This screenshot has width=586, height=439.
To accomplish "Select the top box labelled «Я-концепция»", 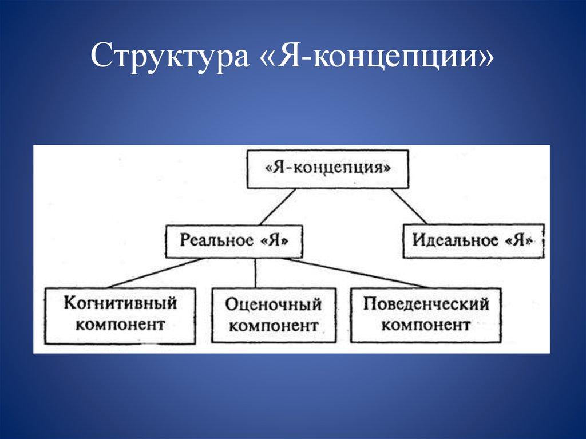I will (328, 169).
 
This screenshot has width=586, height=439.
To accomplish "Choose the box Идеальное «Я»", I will (473, 240).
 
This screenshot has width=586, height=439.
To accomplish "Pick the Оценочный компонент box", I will (273, 315).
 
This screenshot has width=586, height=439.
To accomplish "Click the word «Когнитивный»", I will (120, 303).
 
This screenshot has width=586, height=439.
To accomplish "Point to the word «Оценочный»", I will (273, 304).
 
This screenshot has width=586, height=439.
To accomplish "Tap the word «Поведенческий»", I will (426, 303).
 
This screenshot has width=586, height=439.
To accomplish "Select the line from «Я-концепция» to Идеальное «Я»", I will (409, 207).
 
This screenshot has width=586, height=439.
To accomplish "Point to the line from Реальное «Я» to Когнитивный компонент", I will (155, 272).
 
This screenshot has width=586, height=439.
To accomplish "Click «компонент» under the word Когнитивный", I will (120, 325).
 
